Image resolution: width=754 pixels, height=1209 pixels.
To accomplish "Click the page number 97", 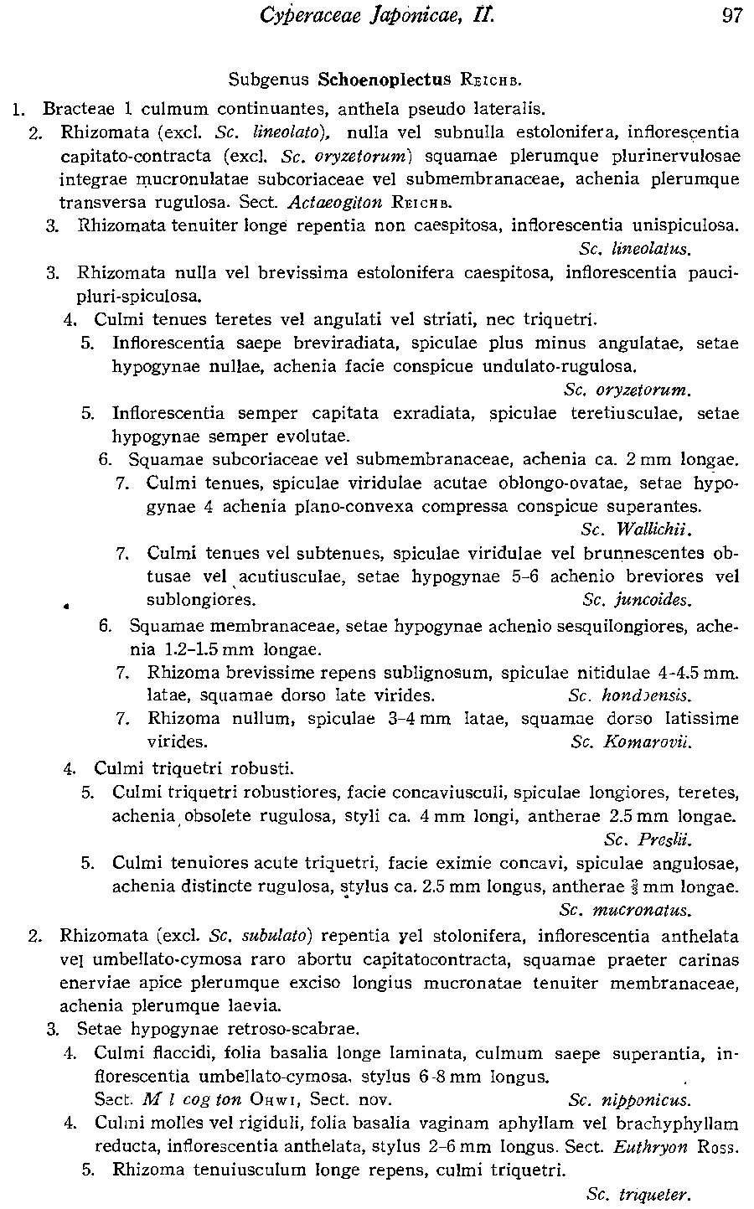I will tap(731, 17).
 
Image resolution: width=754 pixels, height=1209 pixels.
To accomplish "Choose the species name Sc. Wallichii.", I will tap(639, 530).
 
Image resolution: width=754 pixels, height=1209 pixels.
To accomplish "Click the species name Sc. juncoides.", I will tap(637, 600).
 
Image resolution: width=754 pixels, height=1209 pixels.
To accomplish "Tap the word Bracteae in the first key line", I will tap(75, 109).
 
